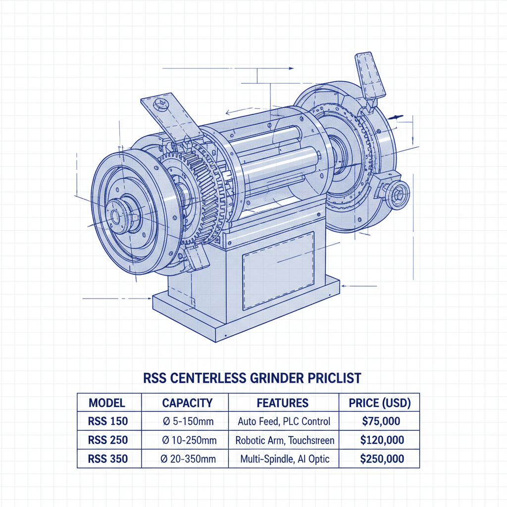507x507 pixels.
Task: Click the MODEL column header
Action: pyautogui.click(x=107, y=403)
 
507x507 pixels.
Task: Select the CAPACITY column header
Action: pyautogui.click(x=187, y=403)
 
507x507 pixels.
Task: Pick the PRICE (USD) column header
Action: pyautogui.click(x=379, y=403)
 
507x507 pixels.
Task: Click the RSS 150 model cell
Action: pyautogui.click(x=107, y=421)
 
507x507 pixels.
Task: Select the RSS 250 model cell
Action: pyautogui.click(x=107, y=440)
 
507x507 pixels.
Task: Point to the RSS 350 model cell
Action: pyautogui.click(x=107, y=458)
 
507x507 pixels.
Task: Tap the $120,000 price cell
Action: pyautogui.click(x=382, y=440)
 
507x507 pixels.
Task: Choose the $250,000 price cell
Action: pyautogui.click(x=382, y=458)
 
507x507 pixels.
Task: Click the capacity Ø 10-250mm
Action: pyautogui.click(x=188, y=440)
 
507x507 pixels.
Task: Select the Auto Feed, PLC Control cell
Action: pyautogui.click(x=284, y=421)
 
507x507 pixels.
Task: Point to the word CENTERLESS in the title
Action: pyautogui.click(x=207, y=378)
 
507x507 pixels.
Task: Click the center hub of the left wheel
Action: pyautogui.click(x=117, y=216)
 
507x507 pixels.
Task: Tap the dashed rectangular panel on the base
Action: pyautogui.click(x=278, y=270)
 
